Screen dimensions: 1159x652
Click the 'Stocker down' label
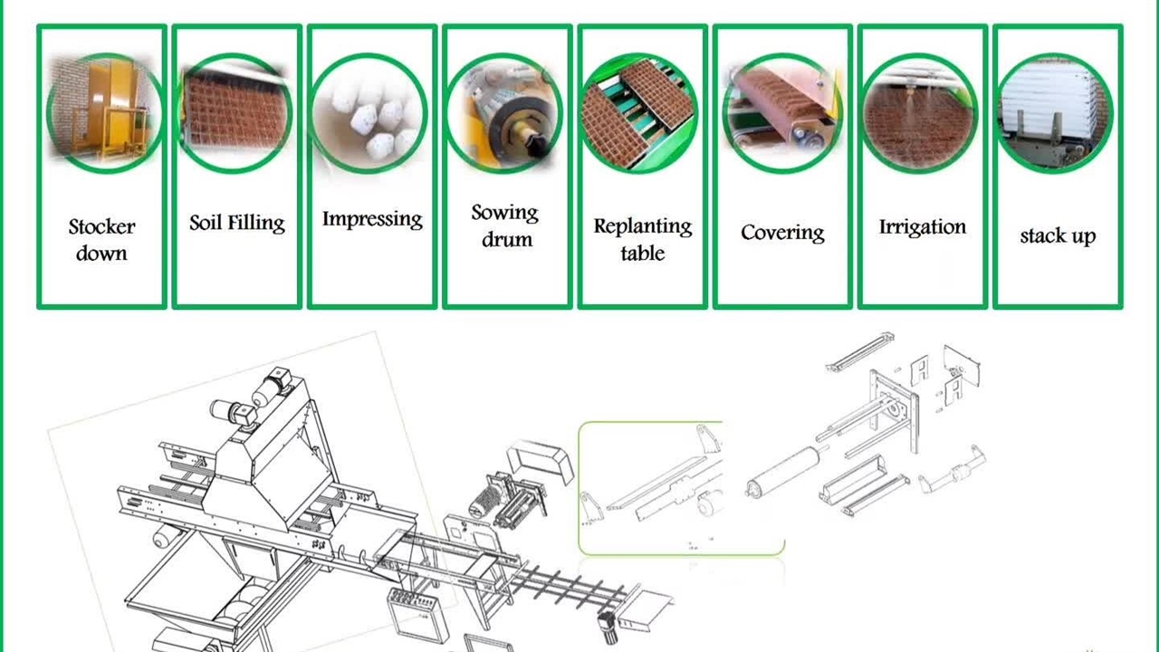click(102, 240)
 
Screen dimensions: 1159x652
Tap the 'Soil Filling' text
click(237, 223)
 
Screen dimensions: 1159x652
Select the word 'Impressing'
click(372, 219)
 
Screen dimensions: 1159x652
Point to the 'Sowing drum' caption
click(505, 226)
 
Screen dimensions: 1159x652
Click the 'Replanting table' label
click(643, 240)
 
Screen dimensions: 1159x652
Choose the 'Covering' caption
click(782, 233)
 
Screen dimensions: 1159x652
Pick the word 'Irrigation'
click(923, 226)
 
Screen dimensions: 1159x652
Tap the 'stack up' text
click(1058, 236)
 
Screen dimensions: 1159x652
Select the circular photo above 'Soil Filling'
click(236, 113)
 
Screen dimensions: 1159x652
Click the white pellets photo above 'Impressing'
click(369, 113)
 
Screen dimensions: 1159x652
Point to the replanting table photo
click(638, 113)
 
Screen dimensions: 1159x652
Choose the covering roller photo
click(782, 113)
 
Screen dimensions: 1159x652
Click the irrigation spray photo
click(919, 113)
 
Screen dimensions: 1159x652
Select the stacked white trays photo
click(1054, 113)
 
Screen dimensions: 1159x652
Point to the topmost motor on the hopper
click(273, 386)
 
